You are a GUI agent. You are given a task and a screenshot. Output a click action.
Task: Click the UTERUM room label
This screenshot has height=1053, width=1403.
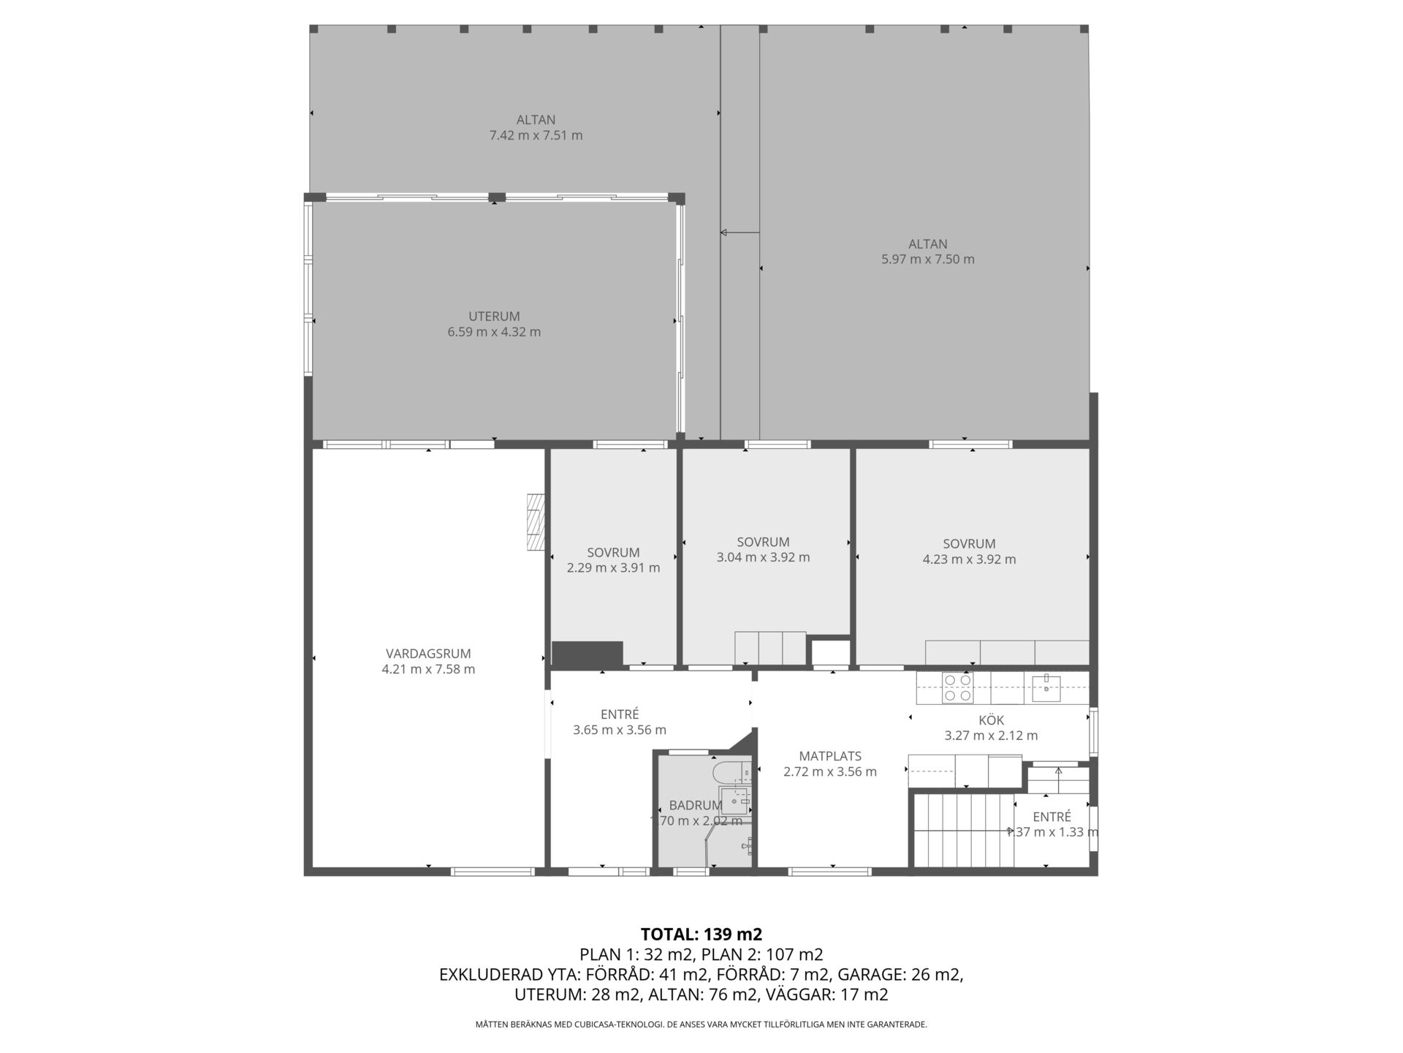(494, 317)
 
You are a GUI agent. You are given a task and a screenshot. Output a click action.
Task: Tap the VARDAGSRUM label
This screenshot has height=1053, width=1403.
(428, 654)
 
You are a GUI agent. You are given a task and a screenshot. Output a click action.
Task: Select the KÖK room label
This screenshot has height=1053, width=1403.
(991, 720)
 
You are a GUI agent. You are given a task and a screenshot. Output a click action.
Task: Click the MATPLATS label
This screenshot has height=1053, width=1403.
(830, 756)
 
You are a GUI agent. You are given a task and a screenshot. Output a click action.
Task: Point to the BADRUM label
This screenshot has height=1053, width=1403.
(696, 805)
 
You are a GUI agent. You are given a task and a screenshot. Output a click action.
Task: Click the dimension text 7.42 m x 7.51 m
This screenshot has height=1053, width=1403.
(536, 135)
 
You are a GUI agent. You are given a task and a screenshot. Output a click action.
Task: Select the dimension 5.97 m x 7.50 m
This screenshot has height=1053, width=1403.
(928, 259)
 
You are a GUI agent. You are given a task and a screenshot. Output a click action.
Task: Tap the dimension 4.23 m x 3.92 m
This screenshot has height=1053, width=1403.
(969, 559)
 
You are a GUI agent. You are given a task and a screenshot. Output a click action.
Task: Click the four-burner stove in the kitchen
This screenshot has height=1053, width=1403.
(957, 688)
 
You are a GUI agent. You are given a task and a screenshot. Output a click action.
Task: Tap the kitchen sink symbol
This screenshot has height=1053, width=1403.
(1046, 687)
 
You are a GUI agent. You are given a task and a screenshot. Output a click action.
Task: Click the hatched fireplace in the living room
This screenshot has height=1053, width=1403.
(536, 522)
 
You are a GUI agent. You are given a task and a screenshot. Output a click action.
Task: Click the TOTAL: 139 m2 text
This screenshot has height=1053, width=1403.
(701, 934)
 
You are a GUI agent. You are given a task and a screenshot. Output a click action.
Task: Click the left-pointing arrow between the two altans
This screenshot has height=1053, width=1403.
(739, 233)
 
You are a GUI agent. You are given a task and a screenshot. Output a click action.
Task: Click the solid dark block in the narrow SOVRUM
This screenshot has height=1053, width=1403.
(588, 654)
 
